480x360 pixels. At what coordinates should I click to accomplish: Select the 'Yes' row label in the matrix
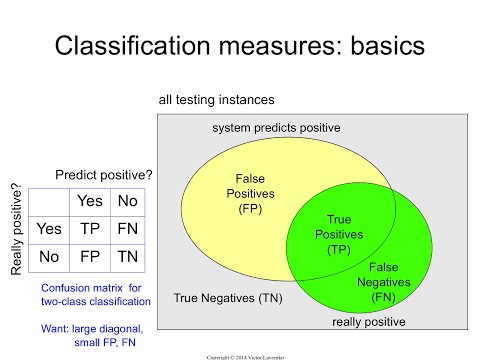click(x=49, y=228)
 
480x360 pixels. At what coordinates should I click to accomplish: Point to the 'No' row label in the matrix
click(x=49, y=256)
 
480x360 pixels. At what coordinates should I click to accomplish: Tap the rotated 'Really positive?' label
click(x=14, y=228)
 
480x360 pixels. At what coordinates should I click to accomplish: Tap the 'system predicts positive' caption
click(x=276, y=128)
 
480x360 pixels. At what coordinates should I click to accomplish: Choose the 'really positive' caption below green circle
click(x=370, y=322)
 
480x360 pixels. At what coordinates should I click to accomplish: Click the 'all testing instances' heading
click(x=217, y=100)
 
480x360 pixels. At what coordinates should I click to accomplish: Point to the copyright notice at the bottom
click(x=240, y=352)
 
